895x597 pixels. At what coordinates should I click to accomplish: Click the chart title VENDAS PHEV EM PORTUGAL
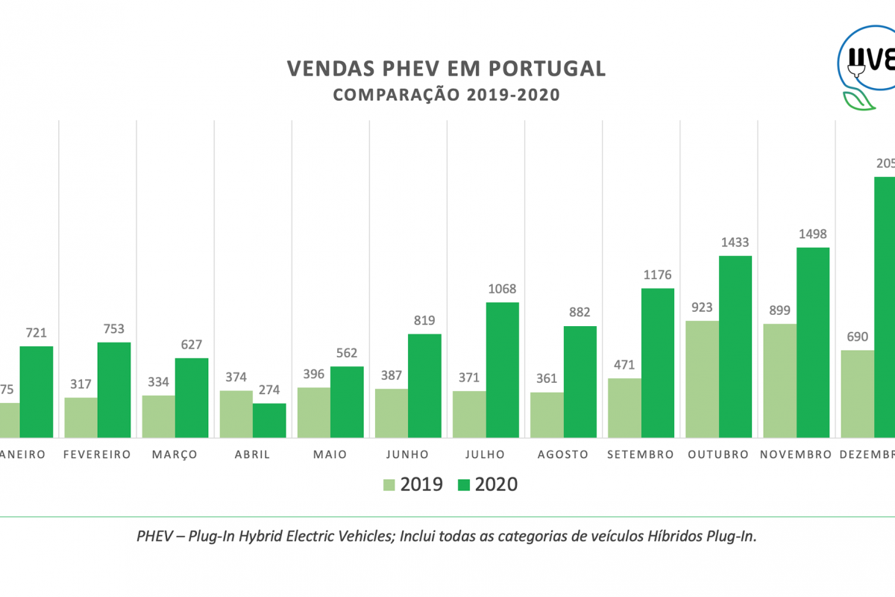[446, 69]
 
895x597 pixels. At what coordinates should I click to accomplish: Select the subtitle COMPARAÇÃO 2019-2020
[446, 96]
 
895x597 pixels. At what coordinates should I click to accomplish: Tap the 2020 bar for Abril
[269, 420]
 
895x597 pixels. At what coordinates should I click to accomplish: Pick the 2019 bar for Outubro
[702, 379]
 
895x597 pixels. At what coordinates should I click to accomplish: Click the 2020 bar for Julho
[502, 369]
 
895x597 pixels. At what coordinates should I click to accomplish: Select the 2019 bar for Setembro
[624, 407]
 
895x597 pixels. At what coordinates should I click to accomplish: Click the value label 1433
[735, 243]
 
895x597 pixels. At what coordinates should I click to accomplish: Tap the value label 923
[702, 307]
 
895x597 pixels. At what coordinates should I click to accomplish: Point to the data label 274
[268, 390]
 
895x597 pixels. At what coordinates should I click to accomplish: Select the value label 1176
[657, 275]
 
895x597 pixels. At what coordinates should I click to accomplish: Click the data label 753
[114, 329]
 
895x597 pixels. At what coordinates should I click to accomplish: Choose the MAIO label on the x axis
[330, 454]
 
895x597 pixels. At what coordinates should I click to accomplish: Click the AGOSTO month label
[562, 454]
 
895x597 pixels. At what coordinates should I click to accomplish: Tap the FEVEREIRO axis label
[97, 454]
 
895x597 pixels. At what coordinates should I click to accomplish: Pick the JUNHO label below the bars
[408, 454]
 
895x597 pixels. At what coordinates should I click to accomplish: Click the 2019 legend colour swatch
[389, 485]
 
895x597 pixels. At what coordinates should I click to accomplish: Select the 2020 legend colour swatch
[464, 485]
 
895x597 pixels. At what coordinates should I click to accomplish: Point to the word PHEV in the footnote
[153, 537]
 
